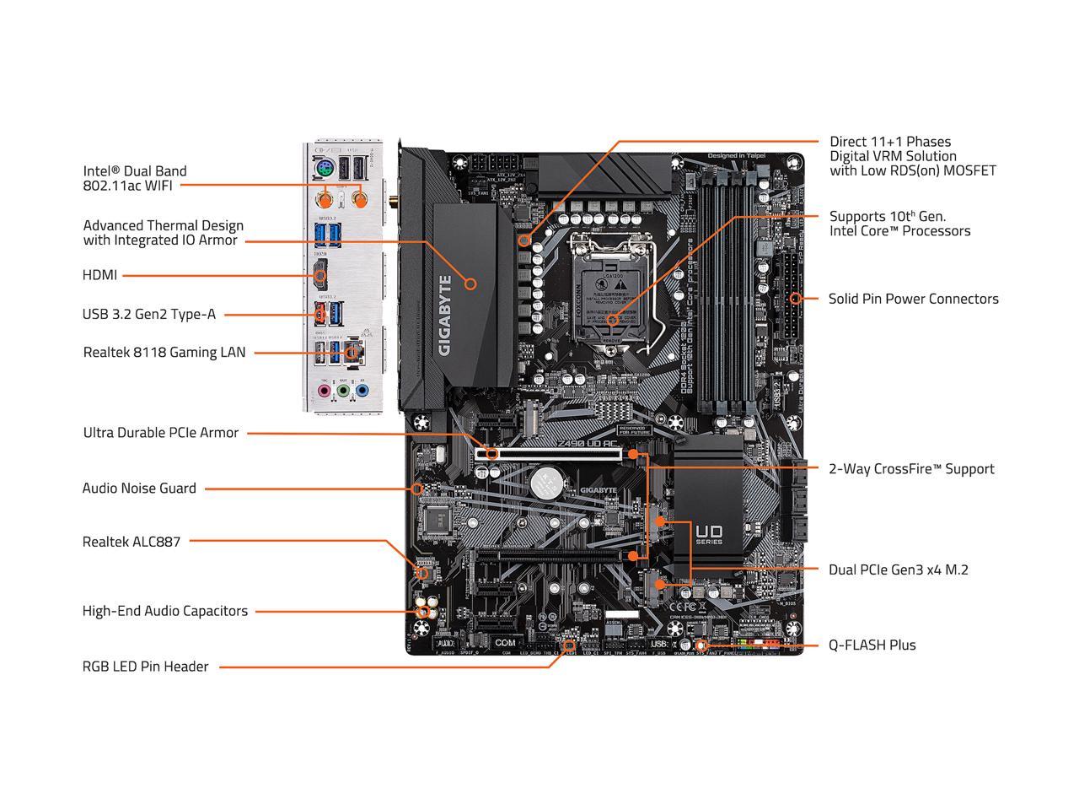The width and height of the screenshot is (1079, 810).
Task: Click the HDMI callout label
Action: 100,275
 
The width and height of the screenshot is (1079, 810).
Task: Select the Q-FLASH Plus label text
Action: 872,645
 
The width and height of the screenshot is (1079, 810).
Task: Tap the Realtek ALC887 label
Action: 132,542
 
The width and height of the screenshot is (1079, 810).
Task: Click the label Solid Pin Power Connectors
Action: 913,299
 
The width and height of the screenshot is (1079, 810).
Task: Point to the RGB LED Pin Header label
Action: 145,667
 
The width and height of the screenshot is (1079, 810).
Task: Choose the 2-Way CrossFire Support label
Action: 911,469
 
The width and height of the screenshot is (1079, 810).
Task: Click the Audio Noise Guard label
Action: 139,489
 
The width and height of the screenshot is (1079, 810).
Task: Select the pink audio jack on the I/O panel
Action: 324,391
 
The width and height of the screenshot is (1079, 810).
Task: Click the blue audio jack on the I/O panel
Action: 362,391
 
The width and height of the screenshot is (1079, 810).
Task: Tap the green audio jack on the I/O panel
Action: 343,391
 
